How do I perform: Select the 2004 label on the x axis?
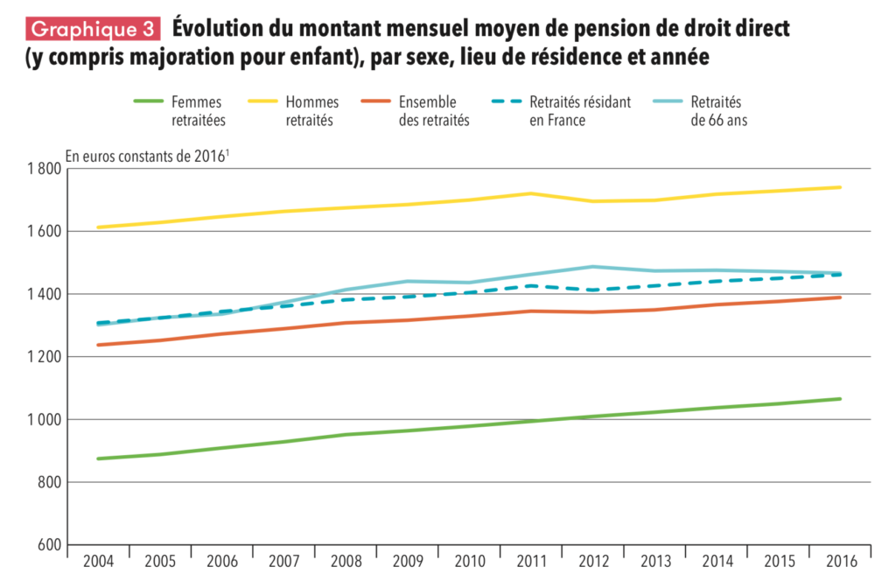[99, 560]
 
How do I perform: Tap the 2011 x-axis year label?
[533, 560]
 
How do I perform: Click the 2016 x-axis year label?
[841, 560]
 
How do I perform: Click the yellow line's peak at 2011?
[533, 193]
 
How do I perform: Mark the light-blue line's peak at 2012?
[594, 267]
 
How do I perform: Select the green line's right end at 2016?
[840, 399]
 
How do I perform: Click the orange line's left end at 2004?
[99, 345]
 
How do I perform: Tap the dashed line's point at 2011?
[533, 286]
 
